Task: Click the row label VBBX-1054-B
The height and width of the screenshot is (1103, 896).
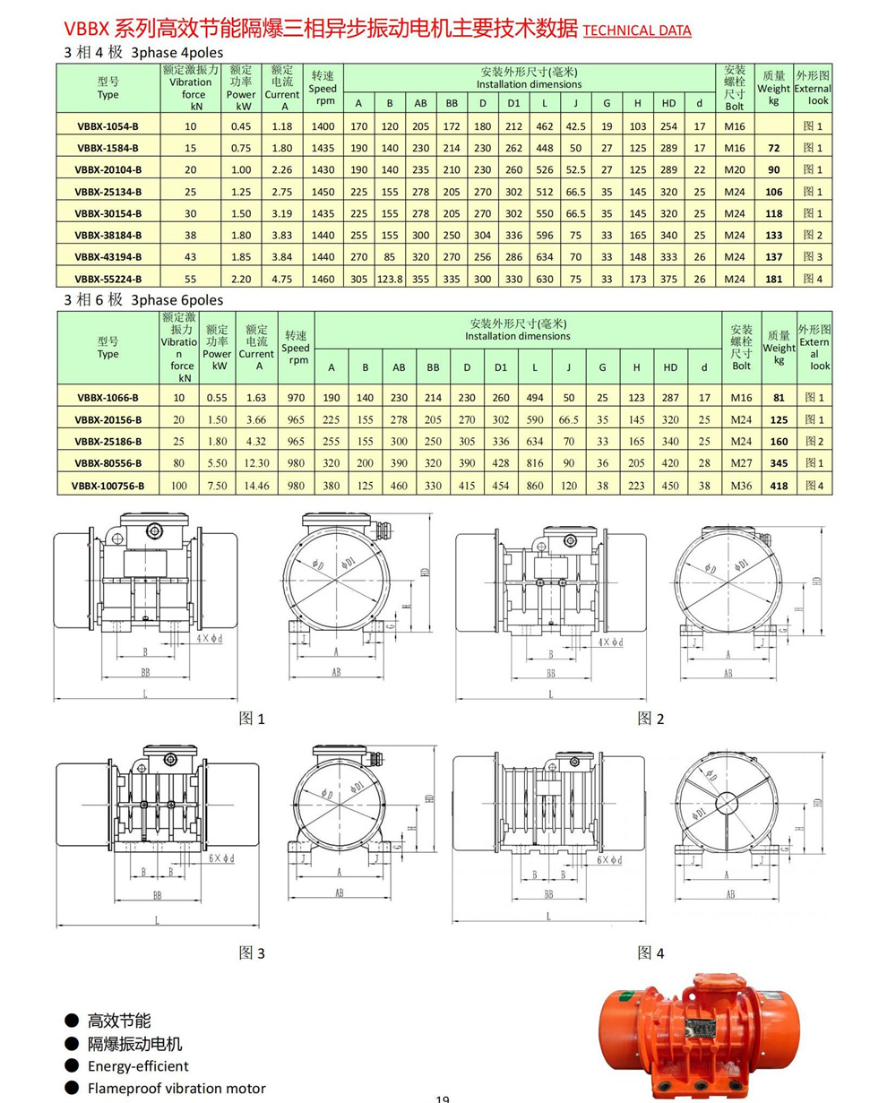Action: pyautogui.click(x=108, y=126)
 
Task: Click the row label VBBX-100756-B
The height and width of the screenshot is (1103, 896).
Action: pyautogui.click(x=108, y=485)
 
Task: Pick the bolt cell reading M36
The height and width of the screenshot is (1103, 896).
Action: pyautogui.click(x=740, y=485)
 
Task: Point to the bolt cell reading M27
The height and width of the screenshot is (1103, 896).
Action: pyautogui.click(x=740, y=462)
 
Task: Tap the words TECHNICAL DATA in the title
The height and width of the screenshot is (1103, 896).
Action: pyautogui.click(x=637, y=30)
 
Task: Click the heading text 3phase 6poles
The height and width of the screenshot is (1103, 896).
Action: pyautogui.click(x=177, y=299)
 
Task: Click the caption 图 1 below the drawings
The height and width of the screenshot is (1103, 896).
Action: pyautogui.click(x=252, y=719)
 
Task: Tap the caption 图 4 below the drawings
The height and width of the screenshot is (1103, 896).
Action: pyautogui.click(x=650, y=952)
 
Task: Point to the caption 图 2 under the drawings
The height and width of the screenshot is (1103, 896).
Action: pyautogui.click(x=650, y=719)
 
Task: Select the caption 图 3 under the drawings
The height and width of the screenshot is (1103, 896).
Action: pyautogui.click(x=252, y=953)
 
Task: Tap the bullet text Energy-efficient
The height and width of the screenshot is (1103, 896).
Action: pyautogui.click(x=138, y=1066)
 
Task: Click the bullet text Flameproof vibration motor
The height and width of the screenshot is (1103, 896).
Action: pyautogui.click(x=177, y=1089)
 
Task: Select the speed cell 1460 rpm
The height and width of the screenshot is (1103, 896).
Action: pyautogui.click(x=323, y=279)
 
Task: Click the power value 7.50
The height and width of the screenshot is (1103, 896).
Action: pyautogui.click(x=217, y=485)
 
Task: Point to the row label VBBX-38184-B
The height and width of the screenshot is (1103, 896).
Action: pyautogui.click(x=108, y=235)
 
